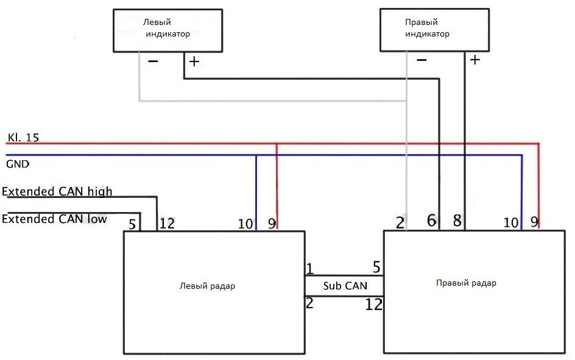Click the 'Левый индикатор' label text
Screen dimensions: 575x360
coord(168,28)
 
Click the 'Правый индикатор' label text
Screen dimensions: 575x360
coord(427,28)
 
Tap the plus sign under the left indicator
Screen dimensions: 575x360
coord(194,62)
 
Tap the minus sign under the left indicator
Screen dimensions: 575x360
coord(153,62)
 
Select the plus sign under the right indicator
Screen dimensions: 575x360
coord(475,59)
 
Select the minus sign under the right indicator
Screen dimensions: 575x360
coord(422,60)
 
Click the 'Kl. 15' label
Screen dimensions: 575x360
coord(23,138)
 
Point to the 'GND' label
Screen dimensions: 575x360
coord(18,164)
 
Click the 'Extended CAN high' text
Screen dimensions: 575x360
coord(57,191)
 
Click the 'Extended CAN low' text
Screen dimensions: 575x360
coord(54,219)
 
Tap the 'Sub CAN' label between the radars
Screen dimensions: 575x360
coord(345,286)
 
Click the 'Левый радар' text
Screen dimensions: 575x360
coord(207,286)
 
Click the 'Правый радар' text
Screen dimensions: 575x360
coord(466,283)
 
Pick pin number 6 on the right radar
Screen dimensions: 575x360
coord(432,221)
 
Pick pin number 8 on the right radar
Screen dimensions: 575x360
coord(457,221)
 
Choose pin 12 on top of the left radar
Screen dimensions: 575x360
coord(168,224)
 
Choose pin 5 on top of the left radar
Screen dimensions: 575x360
coord(132,224)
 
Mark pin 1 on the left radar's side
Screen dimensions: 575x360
coord(310,269)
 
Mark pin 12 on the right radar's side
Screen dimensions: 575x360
coord(373,305)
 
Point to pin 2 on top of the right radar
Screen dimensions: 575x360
coord(400,222)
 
